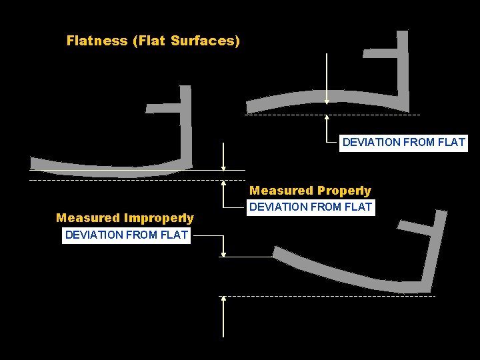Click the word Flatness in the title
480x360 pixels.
[x=97, y=41]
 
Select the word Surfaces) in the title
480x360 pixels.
[x=205, y=41]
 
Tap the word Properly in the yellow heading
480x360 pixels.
[x=344, y=191]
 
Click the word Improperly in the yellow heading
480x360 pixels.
[x=159, y=218]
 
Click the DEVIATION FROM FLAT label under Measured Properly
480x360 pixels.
[x=311, y=207]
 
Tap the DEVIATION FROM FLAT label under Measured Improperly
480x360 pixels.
[x=127, y=235]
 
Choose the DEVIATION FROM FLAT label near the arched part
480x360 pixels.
[x=403, y=142]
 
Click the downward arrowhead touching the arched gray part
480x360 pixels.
[x=327, y=101]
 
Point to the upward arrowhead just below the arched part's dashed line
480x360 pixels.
[x=327, y=119]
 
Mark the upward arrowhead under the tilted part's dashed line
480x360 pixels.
[x=223, y=299]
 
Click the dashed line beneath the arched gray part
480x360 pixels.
[x=287, y=115]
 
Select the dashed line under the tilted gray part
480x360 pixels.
[x=347, y=296]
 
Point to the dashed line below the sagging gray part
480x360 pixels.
[x=100, y=180]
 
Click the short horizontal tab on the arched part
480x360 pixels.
[x=379, y=51]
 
